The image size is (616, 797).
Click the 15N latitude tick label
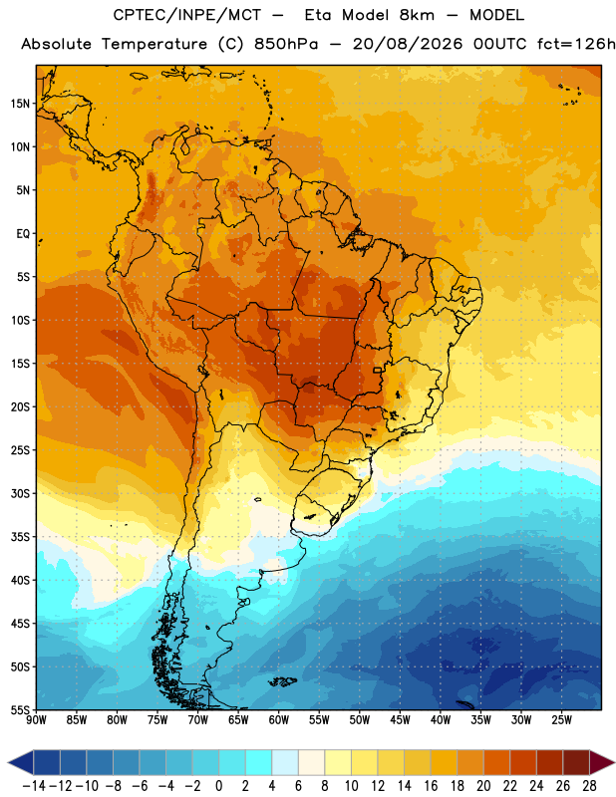(20, 104)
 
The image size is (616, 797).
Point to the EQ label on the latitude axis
(23, 234)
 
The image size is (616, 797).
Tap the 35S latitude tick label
(20, 537)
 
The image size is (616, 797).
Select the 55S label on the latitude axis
(20, 709)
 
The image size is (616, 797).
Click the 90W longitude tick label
(37, 720)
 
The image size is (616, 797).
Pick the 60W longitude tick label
(279, 720)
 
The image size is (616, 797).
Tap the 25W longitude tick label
(561, 720)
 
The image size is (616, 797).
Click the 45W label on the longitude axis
(400, 720)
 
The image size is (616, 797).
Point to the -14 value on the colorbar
(34, 786)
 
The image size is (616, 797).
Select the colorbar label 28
(589, 786)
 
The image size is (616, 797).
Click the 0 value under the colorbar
(218, 786)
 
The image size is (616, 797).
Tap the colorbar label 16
(431, 786)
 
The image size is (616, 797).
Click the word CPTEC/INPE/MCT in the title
(187, 15)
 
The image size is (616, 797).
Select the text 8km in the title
(417, 15)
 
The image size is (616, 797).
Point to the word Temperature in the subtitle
(154, 44)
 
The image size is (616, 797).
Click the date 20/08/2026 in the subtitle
(408, 44)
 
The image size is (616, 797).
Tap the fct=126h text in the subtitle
(576, 44)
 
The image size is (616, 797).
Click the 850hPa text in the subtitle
(286, 44)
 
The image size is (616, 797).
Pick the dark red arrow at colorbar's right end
(602, 762)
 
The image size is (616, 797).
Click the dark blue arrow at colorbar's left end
(21, 762)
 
